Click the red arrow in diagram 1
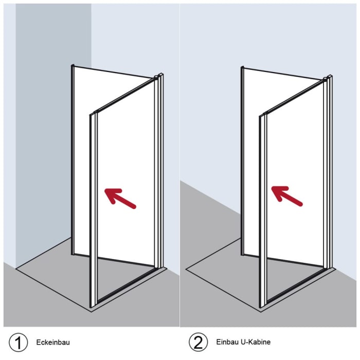tap(120, 198)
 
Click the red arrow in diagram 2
tap(287, 196)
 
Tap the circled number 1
tap(18, 342)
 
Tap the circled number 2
tap(198, 342)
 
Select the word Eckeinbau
tap(53, 343)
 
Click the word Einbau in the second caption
tap(227, 342)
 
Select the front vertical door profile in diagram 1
tap(93, 210)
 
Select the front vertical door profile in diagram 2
tap(263, 211)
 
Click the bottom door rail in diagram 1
tap(126, 285)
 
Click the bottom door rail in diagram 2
tap(296, 285)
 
